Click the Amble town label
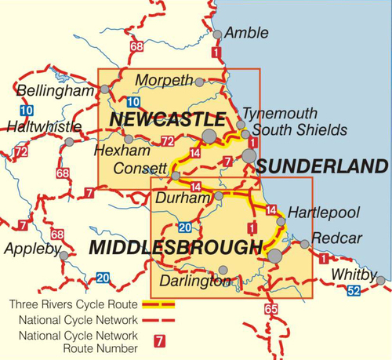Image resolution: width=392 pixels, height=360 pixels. tap(246, 33)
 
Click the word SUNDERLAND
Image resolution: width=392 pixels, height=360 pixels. tap(322, 166)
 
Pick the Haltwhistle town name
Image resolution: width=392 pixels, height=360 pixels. tap(43, 126)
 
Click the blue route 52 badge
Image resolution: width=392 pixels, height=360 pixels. tap(354, 292)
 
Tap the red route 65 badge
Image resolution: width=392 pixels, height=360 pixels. tap(271, 308)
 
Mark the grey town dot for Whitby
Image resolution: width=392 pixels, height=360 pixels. tap(380, 280)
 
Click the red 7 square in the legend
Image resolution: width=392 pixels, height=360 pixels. tap(160, 341)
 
